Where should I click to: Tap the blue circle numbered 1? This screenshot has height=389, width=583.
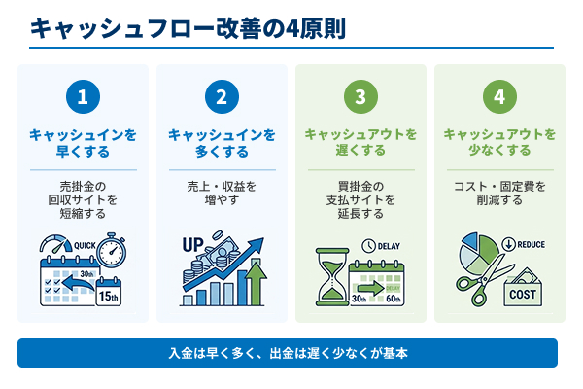coord(83,97)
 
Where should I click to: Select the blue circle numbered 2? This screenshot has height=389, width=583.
coord(222,97)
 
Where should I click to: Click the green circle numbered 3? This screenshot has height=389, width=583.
coord(360,97)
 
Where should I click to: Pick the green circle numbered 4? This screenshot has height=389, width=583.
coord(499,97)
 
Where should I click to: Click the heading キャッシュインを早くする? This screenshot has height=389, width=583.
coord(83,142)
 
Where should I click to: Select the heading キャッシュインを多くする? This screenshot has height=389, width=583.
coord(222,142)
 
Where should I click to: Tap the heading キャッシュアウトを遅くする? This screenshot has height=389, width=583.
coord(360,142)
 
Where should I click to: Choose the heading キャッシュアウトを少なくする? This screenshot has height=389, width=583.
coord(499,142)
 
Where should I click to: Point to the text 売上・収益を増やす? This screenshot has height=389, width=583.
coord(222,192)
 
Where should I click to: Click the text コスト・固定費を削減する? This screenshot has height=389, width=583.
coord(499,192)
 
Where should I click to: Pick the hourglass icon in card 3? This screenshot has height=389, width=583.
coord(330,277)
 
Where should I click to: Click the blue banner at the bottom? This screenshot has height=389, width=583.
coord(288,353)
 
